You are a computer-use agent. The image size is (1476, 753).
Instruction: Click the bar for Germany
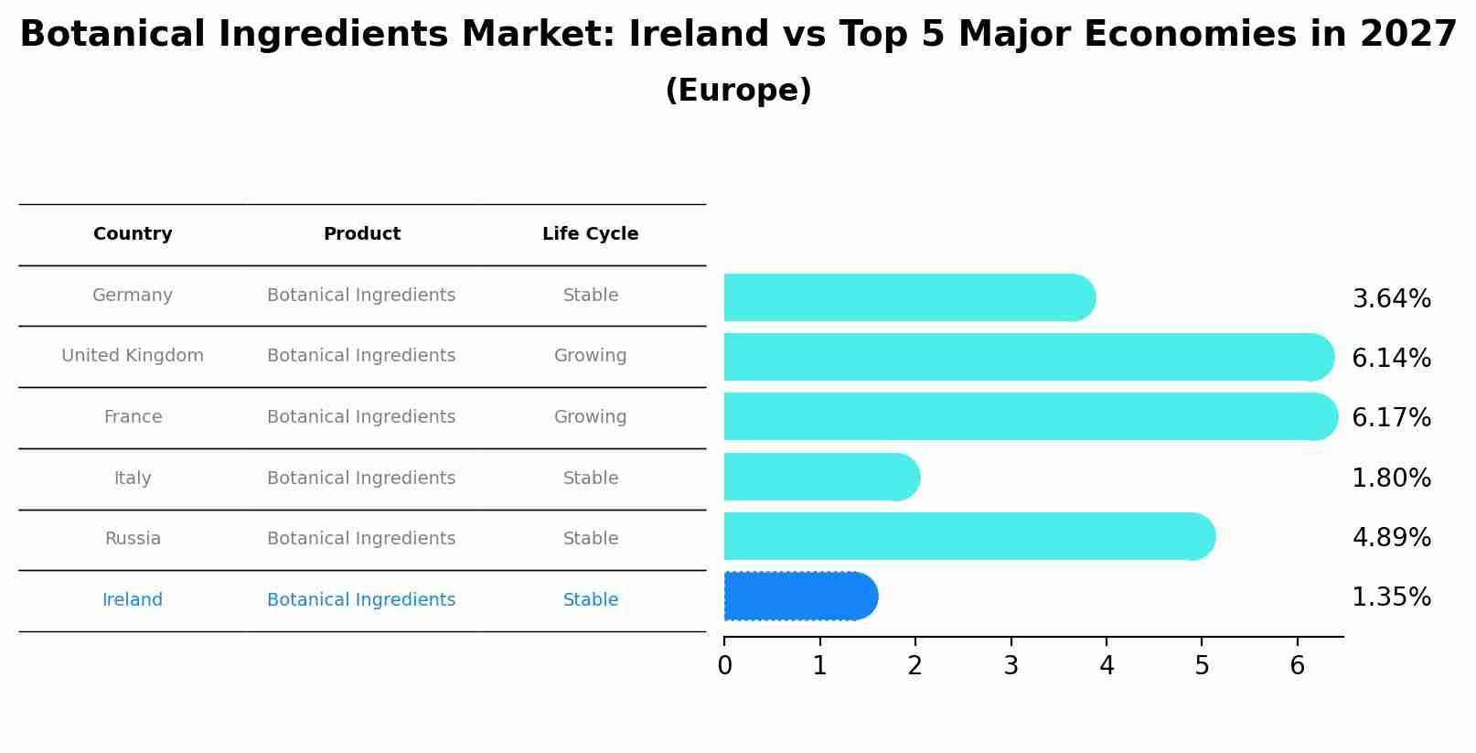coord(909,297)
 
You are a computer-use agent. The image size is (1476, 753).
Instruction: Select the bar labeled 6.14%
coord(1028,357)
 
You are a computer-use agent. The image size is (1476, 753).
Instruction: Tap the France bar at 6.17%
coord(1030,416)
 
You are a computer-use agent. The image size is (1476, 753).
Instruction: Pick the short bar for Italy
coord(821,477)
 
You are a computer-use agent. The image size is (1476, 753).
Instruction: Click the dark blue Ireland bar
coord(800,597)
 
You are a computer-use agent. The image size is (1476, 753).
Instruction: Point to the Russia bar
coord(968,536)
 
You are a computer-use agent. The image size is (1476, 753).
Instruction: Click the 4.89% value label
coord(1391,537)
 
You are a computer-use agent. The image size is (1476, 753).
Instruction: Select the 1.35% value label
coord(1391,597)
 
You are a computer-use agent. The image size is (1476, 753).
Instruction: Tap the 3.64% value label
coord(1391,299)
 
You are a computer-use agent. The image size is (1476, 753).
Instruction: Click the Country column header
coord(133,234)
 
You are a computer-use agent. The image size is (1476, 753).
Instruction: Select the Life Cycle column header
coord(590,234)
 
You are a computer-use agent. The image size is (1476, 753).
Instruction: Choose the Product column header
coord(361,234)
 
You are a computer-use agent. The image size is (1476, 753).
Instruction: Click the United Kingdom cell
coord(133,356)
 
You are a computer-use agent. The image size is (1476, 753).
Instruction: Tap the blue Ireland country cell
coord(133,600)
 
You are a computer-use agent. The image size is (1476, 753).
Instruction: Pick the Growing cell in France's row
coord(590,417)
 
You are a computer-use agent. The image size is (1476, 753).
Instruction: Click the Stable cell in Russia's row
coord(590,539)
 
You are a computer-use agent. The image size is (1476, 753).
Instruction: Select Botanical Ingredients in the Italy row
coord(361,479)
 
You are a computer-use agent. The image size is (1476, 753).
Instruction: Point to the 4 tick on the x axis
coord(1107,665)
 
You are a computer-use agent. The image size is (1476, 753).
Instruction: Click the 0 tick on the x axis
coord(724,665)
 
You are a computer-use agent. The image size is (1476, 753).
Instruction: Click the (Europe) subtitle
coord(738,91)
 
